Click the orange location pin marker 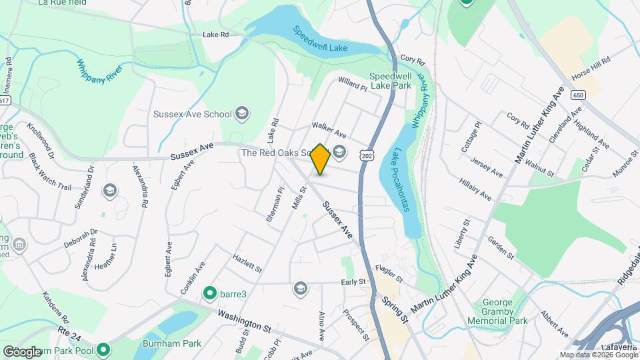321,159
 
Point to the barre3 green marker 210,292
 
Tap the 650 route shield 577,96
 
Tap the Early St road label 353,282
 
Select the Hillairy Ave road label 475,189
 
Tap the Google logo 22,351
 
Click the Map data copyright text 598,355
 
